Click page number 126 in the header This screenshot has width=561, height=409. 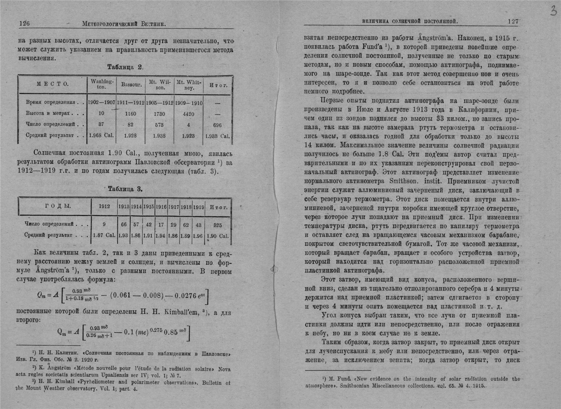pos(24,24)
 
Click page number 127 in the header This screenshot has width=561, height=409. pos(513,22)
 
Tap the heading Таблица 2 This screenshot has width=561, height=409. pos(125,67)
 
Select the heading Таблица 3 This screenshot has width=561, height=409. pos(125,189)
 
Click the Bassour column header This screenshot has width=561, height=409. pos(131,85)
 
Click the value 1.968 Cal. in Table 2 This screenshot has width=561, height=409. pos(101,136)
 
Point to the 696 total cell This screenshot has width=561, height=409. pos(218,125)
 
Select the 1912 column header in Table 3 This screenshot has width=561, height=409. pos(104,207)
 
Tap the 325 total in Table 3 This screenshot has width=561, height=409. pos(218,225)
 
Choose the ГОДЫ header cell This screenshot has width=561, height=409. pos(58,206)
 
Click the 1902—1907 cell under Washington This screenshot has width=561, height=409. pos(101,102)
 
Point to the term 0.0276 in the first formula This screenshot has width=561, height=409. pos(186,296)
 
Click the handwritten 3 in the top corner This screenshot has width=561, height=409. pos(553,10)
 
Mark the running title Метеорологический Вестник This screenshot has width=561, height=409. pos(124,24)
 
